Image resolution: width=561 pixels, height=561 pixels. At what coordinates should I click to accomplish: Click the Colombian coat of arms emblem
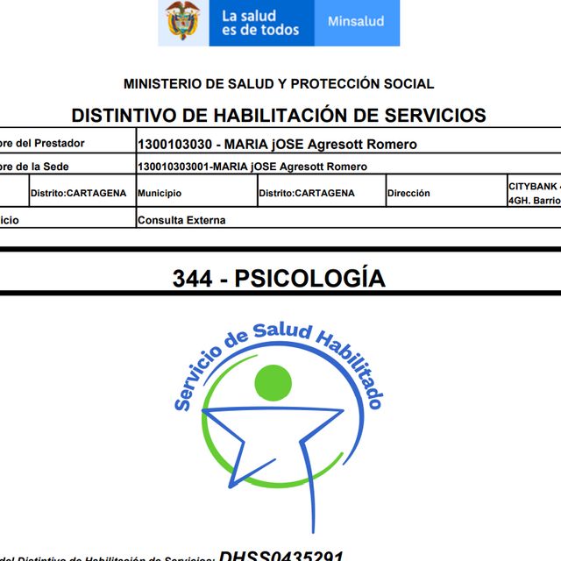click(183, 21)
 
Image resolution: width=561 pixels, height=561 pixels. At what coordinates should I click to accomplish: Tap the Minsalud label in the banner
click(356, 21)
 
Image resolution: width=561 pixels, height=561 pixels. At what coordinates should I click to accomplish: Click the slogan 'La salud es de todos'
click(260, 23)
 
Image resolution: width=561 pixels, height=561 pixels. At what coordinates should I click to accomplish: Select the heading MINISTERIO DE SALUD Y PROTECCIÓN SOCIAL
click(279, 84)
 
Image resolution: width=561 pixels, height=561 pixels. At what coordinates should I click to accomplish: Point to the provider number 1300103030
click(172, 144)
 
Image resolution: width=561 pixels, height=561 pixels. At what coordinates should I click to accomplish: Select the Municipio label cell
click(160, 193)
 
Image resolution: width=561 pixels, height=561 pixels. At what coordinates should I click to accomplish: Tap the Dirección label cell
click(408, 193)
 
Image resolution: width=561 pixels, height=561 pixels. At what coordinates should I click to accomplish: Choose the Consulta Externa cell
click(181, 220)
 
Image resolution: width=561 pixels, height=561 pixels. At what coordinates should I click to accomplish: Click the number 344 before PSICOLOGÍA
click(192, 279)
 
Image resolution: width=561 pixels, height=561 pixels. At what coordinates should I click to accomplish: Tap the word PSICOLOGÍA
click(310, 279)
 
